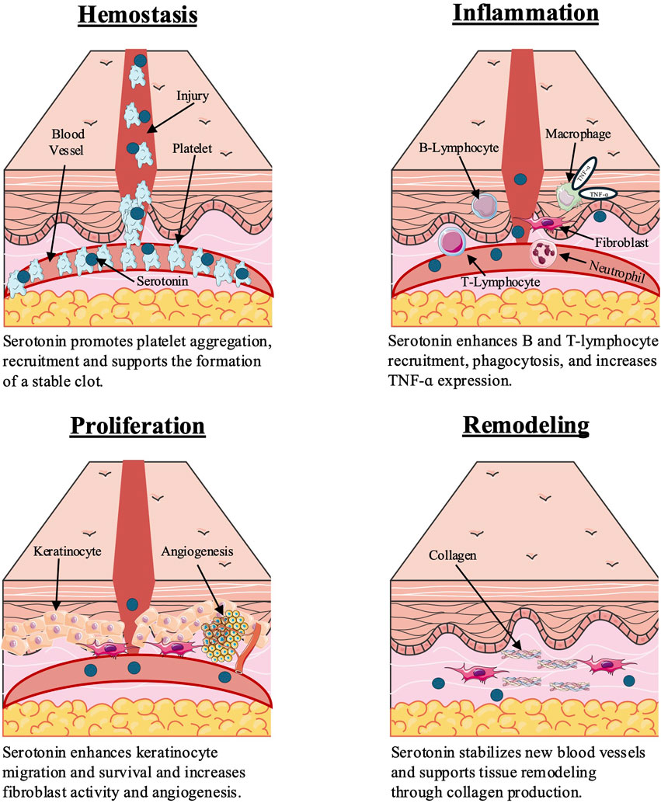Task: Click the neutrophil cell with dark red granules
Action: coord(543,254)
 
